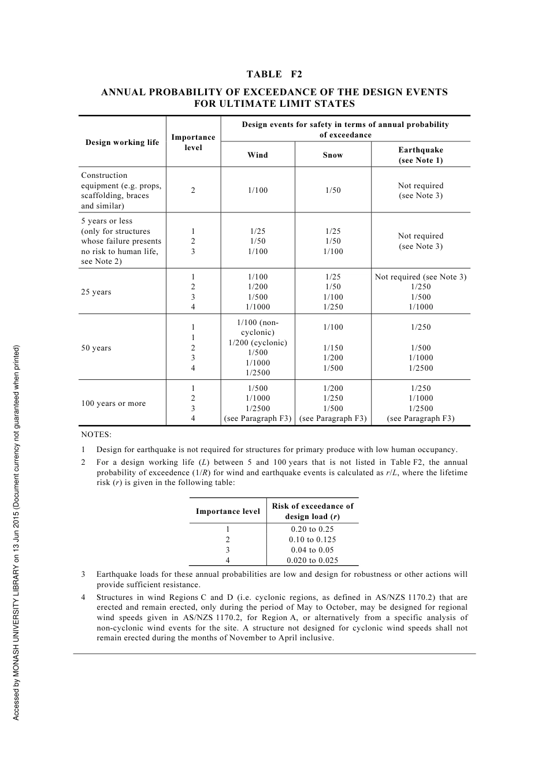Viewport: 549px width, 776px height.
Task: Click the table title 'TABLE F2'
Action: tap(274, 74)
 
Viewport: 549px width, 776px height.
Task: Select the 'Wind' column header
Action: tap(258, 155)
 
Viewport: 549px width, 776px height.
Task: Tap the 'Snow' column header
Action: tap(333, 155)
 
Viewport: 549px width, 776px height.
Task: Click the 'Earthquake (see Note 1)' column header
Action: tap(421, 155)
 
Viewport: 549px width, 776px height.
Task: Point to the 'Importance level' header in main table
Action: tap(193, 142)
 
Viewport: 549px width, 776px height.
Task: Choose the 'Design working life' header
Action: tap(122, 142)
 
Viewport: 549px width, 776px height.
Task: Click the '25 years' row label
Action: tap(96, 292)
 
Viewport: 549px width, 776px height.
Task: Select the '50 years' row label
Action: tap(96, 348)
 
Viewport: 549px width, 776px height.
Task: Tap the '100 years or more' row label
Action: tap(113, 403)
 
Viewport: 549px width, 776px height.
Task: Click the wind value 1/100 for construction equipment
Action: tap(258, 191)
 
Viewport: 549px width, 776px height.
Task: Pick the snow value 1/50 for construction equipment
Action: tap(333, 191)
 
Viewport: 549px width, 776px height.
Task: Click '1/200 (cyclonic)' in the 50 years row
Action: tap(258, 342)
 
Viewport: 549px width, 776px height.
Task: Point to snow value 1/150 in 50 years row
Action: tap(333, 348)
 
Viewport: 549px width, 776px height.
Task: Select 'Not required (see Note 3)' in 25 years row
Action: tap(421, 277)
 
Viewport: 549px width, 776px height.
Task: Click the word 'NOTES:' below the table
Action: tap(96, 434)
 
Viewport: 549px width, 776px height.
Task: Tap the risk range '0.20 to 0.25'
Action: tap(312, 529)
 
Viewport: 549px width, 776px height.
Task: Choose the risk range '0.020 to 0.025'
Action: tap(312, 560)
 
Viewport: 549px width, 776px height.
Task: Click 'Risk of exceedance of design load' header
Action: tap(312, 511)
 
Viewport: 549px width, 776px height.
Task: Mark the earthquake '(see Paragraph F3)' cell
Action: tap(421, 418)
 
